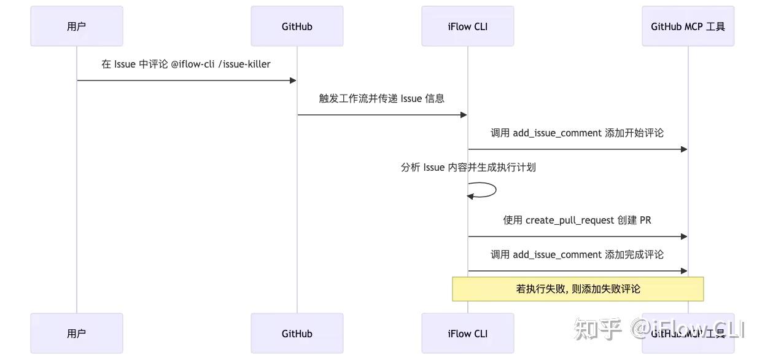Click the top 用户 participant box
[x=77, y=26]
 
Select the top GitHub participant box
[x=297, y=26]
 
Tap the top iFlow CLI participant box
[x=468, y=26]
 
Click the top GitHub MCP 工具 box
[x=688, y=26]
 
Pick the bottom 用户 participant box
[x=77, y=334]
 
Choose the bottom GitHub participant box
[x=297, y=334]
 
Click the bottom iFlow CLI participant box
[x=468, y=334]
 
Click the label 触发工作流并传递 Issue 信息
[x=381, y=98]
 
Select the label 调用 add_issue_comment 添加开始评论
[x=577, y=133]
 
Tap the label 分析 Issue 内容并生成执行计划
[x=468, y=167]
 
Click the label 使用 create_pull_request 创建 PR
[x=577, y=220]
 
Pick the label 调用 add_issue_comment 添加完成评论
[x=577, y=254]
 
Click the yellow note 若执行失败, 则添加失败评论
[x=578, y=289]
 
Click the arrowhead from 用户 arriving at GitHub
[x=293, y=80]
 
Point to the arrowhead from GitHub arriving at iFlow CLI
[x=464, y=115]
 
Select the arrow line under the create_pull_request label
[x=577, y=237]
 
